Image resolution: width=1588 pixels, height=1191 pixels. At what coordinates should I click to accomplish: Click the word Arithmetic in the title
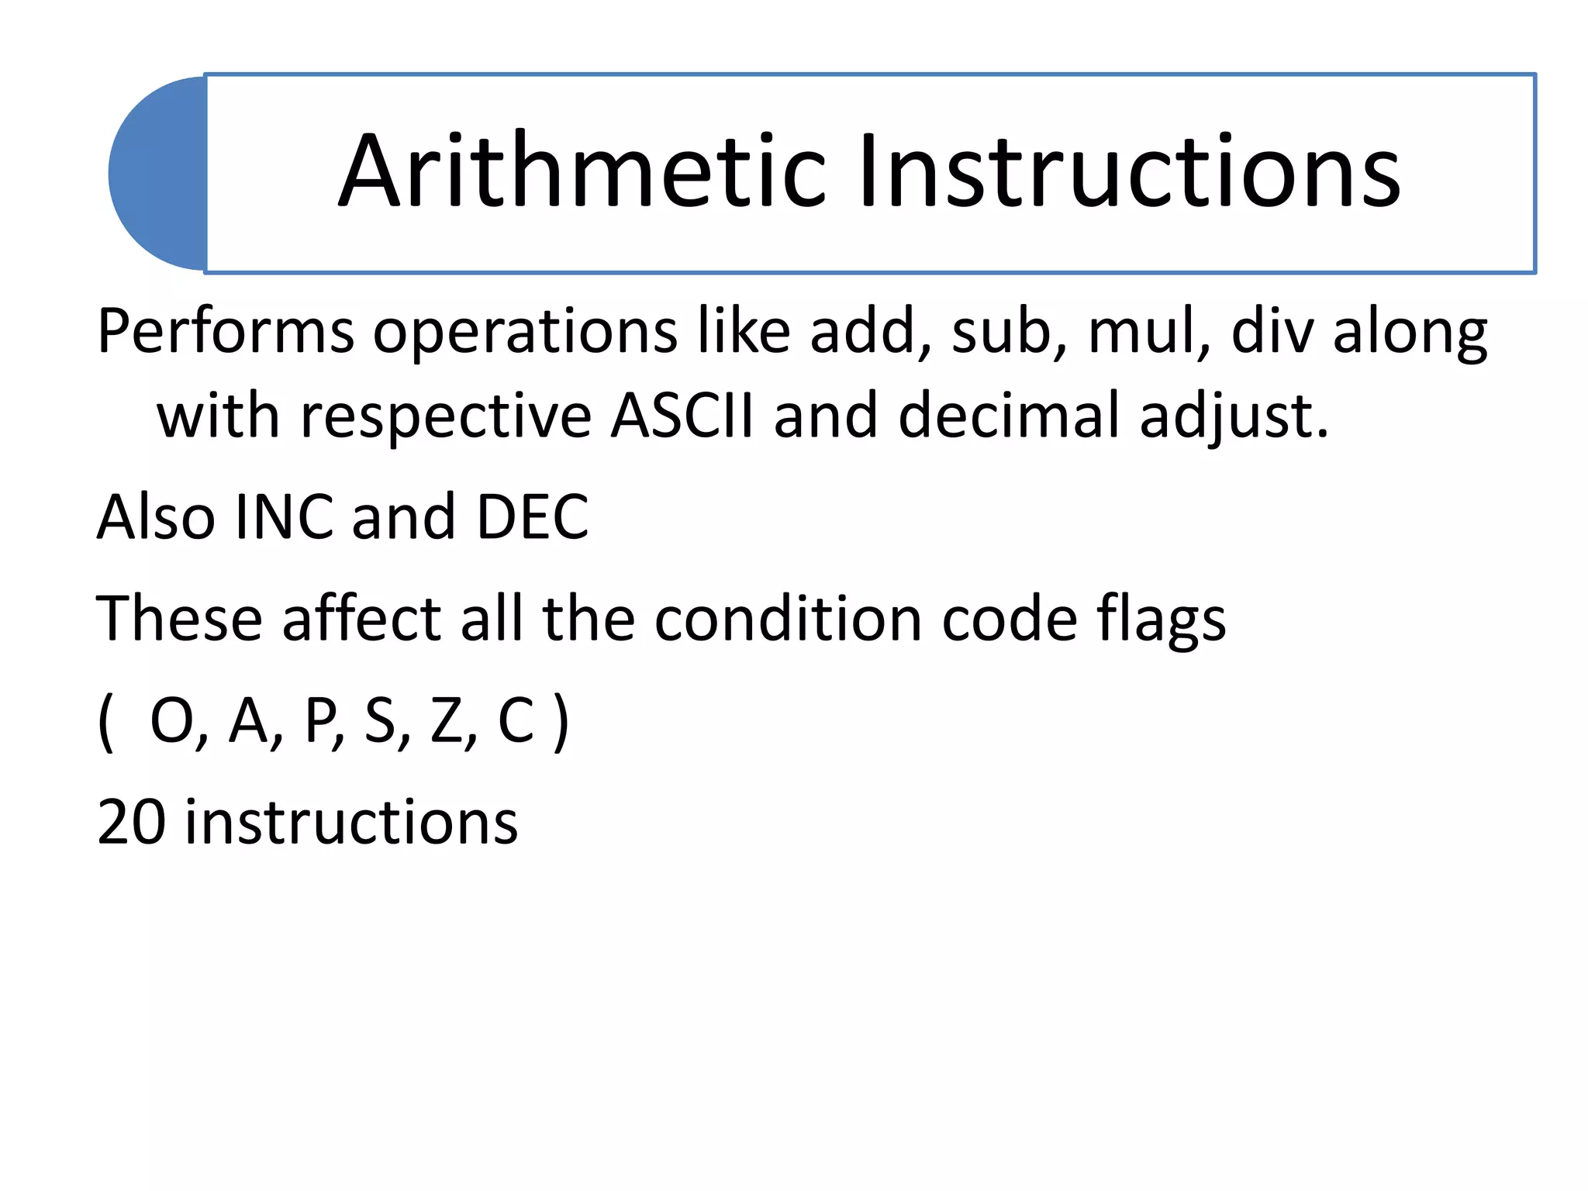pos(582,172)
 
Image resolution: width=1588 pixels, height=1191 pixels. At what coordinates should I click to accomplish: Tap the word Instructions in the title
pos(1129,172)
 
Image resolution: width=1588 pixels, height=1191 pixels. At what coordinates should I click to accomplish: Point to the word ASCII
pos(682,416)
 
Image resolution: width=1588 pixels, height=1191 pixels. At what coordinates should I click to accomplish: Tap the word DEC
pos(532,517)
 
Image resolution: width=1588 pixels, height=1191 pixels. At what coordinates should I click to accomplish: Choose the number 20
pos(130,822)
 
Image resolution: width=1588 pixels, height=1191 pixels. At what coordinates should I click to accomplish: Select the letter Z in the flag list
pos(447,721)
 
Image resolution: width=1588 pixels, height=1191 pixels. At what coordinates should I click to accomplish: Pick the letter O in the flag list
pos(171,721)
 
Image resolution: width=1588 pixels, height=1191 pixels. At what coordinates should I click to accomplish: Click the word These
pos(179,620)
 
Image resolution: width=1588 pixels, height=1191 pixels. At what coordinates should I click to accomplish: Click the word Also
pos(156,517)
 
